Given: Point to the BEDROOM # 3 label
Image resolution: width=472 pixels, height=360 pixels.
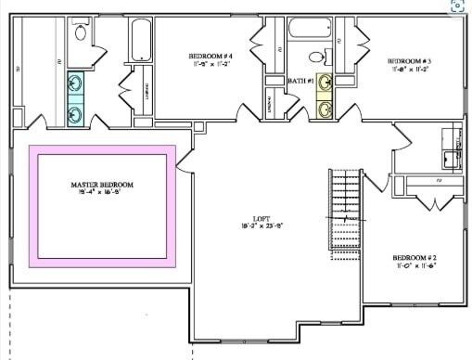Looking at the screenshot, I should [x=409, y=60].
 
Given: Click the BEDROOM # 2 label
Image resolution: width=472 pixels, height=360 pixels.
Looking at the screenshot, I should [x=415, y=257].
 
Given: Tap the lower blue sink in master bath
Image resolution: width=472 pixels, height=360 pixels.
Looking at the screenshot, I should [x=75, y=113].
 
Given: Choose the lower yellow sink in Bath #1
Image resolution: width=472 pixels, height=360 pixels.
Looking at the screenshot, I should [x=325, y=109].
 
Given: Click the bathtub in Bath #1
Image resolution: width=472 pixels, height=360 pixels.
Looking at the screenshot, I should [x=310, y=27].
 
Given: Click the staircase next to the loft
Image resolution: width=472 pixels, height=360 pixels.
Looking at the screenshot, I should [x=345, y=213].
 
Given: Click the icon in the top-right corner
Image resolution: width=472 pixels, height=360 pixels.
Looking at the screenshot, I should [x=457, y=6].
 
